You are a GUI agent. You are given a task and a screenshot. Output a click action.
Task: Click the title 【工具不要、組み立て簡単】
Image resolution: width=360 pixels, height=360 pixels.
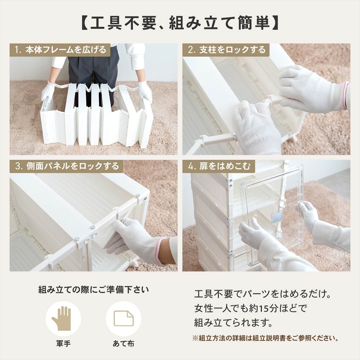click(x=180, y=23)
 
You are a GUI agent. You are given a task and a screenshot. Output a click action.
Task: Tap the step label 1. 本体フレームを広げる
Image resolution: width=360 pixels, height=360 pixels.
click(x=60, y=50)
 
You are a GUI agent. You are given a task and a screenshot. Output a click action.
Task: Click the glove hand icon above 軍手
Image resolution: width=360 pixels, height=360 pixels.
click(x=63, y=318)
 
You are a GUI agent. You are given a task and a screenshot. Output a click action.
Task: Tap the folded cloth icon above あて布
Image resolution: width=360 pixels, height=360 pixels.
click(x=123, y=318)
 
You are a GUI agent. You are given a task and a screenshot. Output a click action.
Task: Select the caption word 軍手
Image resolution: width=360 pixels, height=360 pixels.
click(x=63, y=343)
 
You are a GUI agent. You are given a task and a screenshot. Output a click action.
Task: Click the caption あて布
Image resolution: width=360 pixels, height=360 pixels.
click(x=123, y=343)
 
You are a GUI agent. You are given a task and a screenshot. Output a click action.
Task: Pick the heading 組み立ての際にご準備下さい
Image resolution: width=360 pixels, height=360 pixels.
click(x=94, y=290)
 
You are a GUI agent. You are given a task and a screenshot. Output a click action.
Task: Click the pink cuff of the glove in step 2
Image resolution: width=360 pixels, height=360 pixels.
click(x=346, y=95)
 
